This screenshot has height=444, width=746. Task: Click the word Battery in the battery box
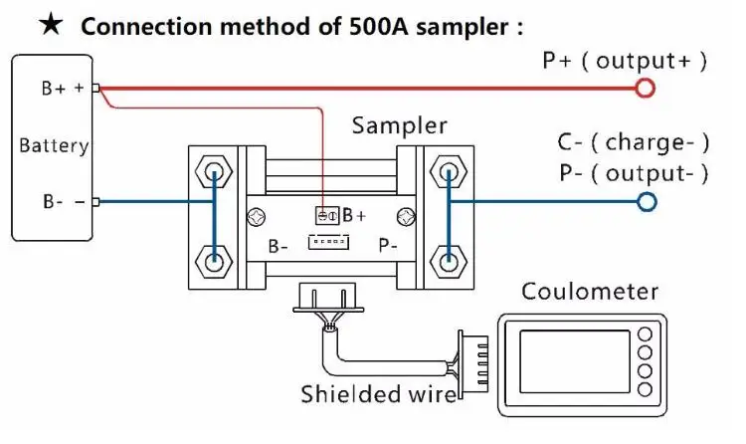tap(54, 146)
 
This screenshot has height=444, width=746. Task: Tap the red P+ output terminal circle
tap(646, 89)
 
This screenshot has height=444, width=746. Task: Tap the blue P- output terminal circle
tap(648, 202)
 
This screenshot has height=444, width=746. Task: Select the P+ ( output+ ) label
tap(625, 61)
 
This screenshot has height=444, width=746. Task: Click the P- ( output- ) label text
tap(634, 172)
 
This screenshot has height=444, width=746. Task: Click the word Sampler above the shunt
tap(400, 126)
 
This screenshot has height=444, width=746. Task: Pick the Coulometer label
tap(590, 292)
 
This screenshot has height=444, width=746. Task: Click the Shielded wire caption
tap(379, 395)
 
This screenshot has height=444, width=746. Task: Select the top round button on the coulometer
tap(646, 332)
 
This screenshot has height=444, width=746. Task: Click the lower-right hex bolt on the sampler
tap(449, 264)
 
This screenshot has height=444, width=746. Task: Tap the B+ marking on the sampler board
tap(355, 214)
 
